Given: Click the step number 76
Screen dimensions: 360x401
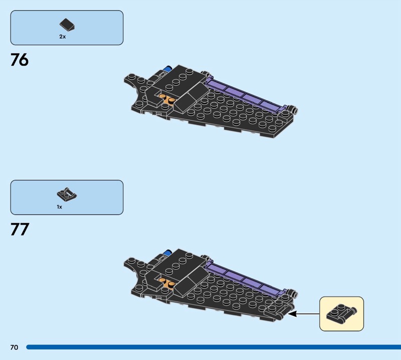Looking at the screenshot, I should (20, 61).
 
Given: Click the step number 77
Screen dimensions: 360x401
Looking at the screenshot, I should (20, 230).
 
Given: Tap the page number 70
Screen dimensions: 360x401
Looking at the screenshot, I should (14, 347).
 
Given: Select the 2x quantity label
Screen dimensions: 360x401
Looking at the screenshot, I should (63, 37).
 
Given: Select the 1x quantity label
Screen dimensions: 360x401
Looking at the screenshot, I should (59, 207).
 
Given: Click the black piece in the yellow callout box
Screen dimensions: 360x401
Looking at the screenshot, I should (341, 313).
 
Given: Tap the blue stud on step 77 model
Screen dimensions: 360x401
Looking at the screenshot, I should (169, 252).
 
